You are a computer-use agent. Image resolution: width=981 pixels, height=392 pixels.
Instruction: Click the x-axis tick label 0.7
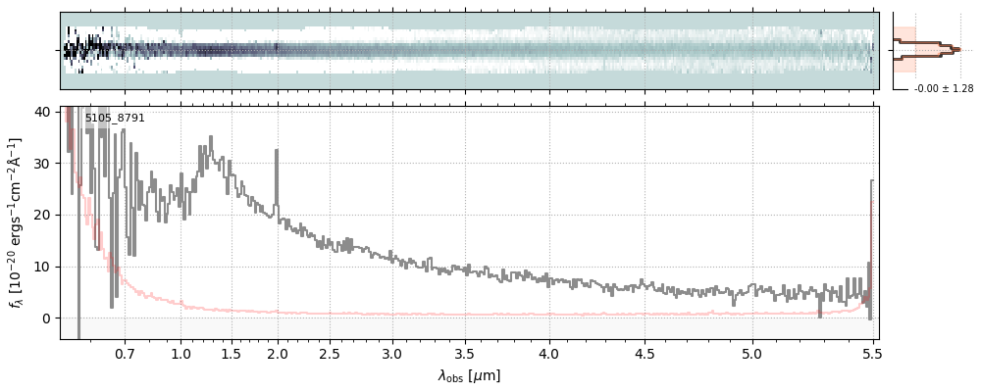[x=125, y=353]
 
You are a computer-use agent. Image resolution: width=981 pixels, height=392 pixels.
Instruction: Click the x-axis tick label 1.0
[x=181, y=353]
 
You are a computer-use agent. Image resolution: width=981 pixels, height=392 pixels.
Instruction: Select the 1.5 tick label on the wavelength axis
[x=232, y=353]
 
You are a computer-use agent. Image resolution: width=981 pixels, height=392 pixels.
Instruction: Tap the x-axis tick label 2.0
[x=278, y=353]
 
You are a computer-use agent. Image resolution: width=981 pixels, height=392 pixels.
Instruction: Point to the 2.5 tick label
[x=330, y=353]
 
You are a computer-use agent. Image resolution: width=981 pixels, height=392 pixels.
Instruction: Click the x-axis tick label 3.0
[x=392, y=353]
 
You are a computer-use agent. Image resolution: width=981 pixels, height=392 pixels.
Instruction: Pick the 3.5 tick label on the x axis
[x=466, y=353]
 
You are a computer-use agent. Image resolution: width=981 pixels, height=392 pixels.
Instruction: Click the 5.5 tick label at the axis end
[x=868, y=353]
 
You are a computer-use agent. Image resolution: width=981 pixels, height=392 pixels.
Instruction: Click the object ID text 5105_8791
[x=115, y=119]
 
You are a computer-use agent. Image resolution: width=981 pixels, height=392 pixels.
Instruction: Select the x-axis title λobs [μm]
[x=469, y=375]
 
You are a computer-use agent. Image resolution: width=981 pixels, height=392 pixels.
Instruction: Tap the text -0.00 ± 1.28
[x=943, y=89]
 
